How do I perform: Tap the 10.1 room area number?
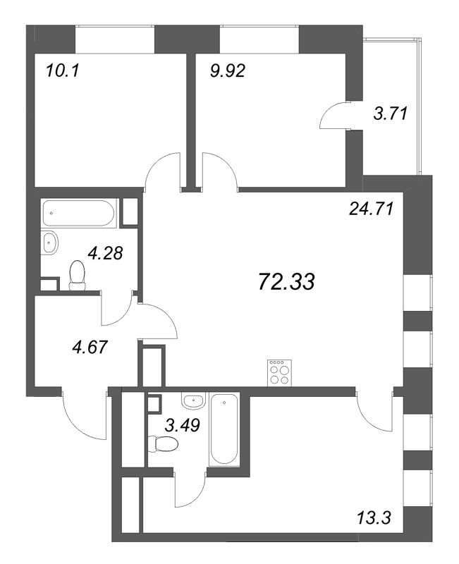point(61,70)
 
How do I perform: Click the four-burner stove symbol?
point(279,372)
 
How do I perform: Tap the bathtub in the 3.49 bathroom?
point(225,430)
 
